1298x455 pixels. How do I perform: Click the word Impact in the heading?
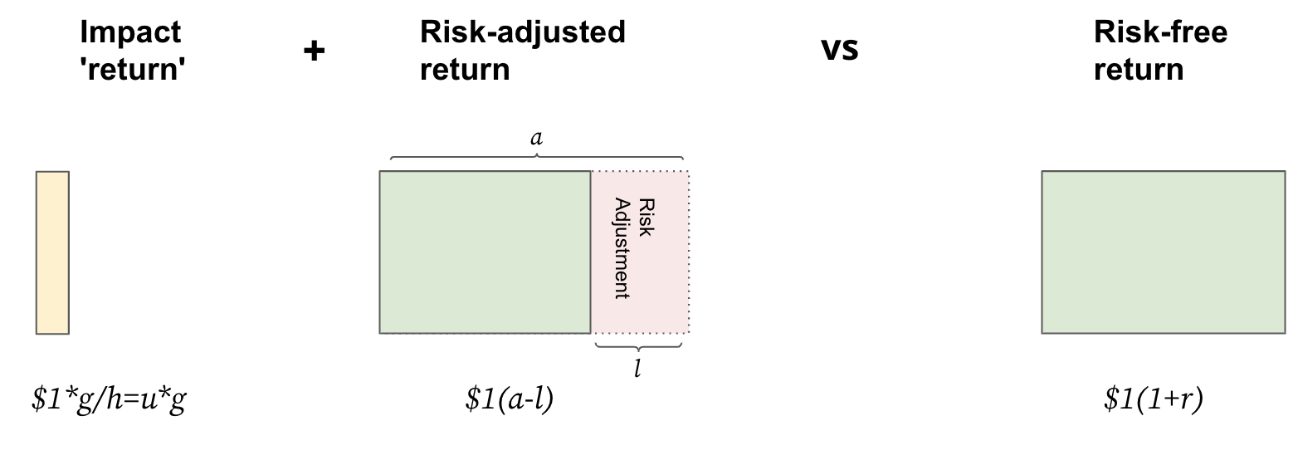click(130, 33)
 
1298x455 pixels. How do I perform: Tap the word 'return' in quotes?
click(133, 69)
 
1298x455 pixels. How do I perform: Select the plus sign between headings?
click(314, 51)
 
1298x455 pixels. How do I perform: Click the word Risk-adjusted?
click(523, 33)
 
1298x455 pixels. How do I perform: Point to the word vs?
click(840, 49)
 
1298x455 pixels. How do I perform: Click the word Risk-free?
click(1161, 32)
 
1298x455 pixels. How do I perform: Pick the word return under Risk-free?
click(1139, 70)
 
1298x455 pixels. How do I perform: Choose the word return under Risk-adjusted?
click(465, 70)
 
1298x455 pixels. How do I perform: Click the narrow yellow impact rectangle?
click(53, 252)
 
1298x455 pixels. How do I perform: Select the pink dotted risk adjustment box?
click(641, 252)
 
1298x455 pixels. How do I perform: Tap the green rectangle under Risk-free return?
click(1164, 252)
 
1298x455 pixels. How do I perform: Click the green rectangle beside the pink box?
click(485, 252)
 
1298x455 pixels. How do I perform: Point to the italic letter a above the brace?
click(537, 138)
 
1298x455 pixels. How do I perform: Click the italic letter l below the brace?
click(637, 368)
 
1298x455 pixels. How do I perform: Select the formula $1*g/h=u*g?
click(109, 399)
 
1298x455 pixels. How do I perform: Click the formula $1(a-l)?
click(510, 399)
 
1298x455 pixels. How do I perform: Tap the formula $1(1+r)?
click(1154, 399)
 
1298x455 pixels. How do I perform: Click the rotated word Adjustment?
click(622, 248)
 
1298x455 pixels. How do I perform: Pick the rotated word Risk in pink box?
click(647, 218)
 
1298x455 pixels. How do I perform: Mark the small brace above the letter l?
click(638, 346)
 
